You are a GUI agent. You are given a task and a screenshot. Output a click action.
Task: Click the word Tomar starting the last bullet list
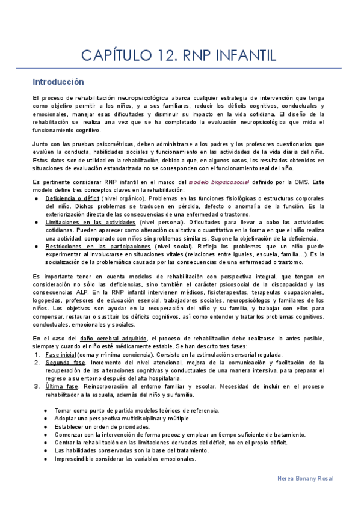pos(63,410)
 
